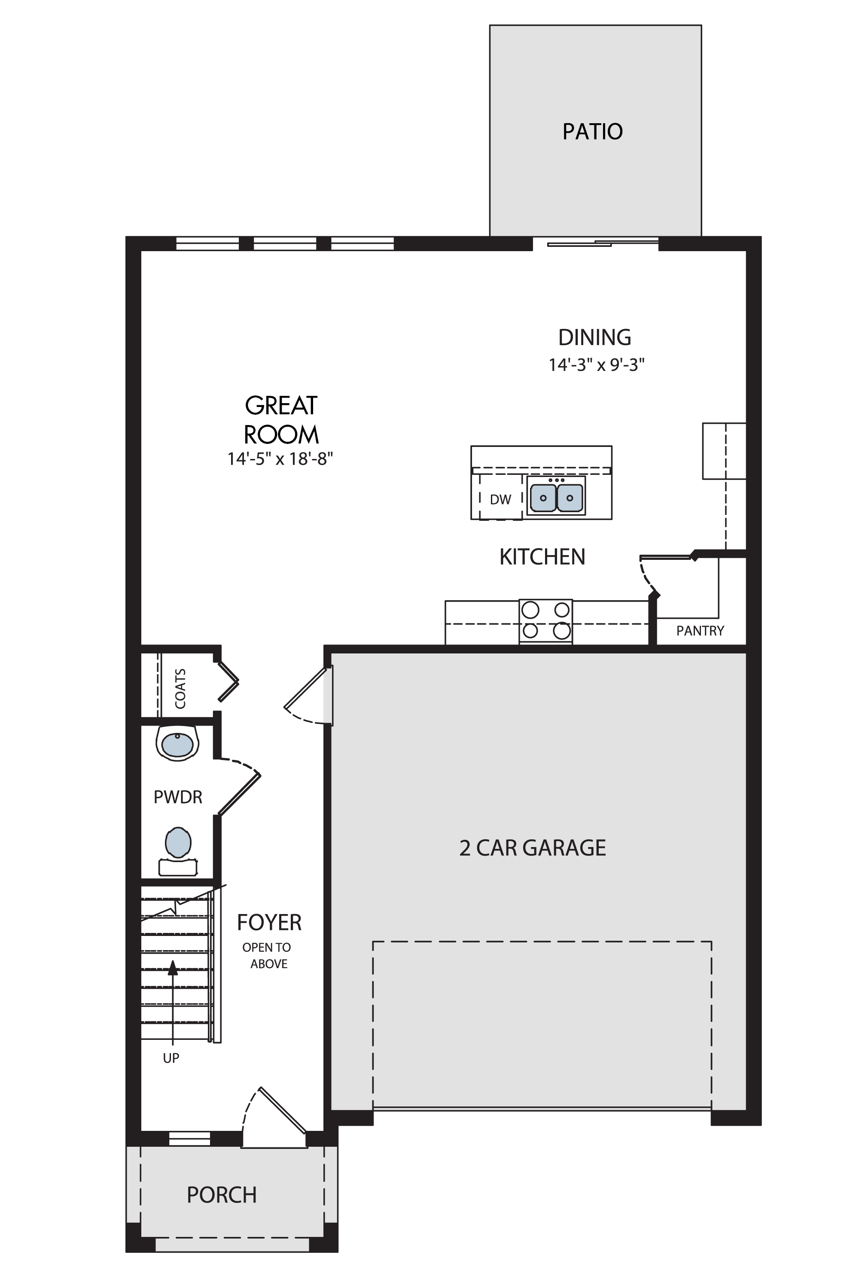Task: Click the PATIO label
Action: pos(593,131)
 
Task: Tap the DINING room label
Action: pos(595,337)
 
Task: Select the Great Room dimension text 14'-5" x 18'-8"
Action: pos(280,459)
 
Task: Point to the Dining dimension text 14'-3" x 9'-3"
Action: pos(597,365)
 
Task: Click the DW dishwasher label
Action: pos(501,499)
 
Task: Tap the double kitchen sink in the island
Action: pos(556,495)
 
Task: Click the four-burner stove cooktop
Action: pos(545,621)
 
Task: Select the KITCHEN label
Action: pos(542,557)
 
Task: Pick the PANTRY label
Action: pos(700,631)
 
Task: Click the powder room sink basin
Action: pos(177,744)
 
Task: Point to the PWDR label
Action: pos(178,797)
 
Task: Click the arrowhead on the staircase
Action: pos(173,968)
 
